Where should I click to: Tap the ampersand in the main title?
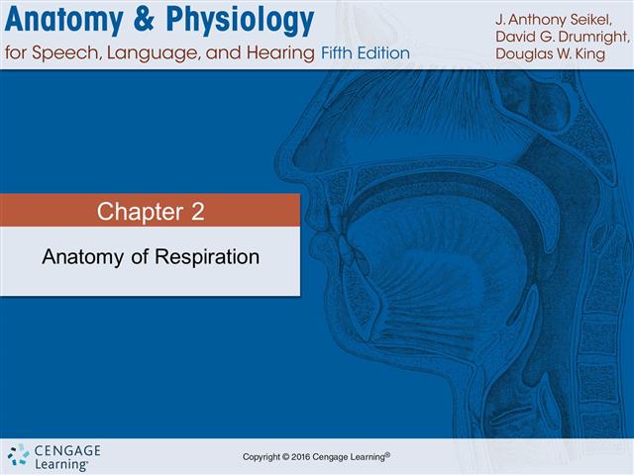pos(156,21)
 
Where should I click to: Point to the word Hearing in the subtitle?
pos(282,52)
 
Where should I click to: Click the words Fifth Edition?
pos(365,52)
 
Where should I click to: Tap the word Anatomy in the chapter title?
pos(79,257)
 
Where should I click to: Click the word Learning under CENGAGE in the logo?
pos(60,463)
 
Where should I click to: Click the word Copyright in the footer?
pos(265,456)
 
